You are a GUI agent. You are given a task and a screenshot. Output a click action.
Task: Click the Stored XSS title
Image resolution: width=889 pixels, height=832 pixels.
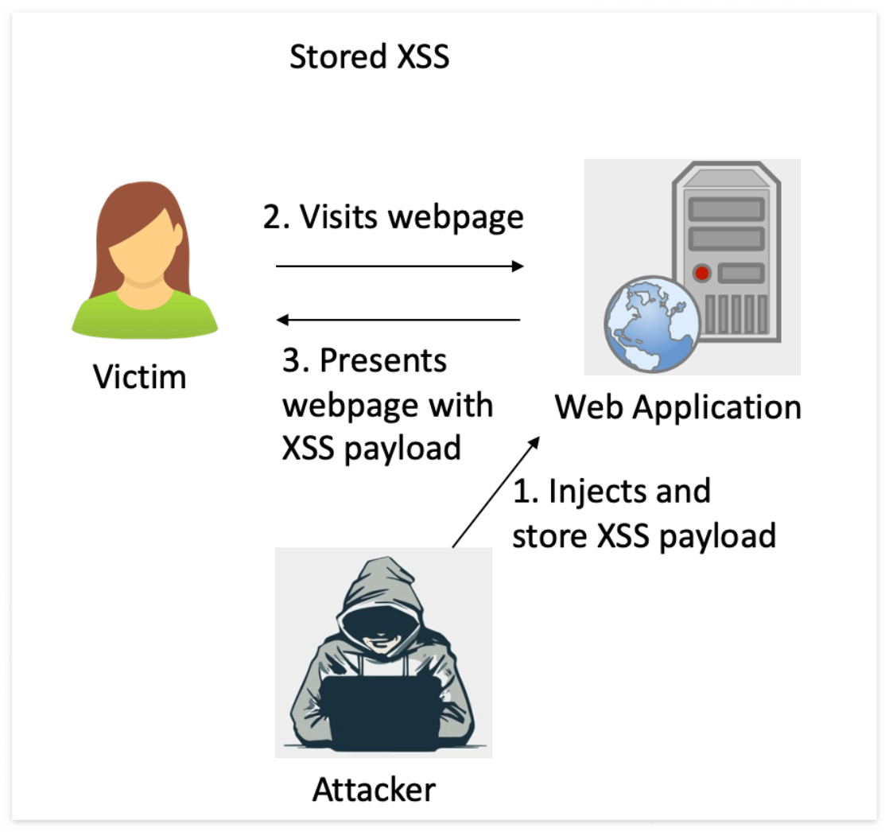click(369, 57)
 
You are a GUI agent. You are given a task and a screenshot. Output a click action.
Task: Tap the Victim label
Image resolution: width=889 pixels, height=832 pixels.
click(140, 375)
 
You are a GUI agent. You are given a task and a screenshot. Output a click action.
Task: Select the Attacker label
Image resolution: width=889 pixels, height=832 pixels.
click(374, 789)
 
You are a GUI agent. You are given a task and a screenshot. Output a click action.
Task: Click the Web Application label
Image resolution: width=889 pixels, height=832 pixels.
click(677, 407)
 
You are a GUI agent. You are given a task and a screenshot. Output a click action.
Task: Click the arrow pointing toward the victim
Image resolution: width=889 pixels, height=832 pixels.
click(398, 320)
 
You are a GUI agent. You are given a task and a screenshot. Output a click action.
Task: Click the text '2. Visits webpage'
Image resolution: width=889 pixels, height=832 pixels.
click(394, 216)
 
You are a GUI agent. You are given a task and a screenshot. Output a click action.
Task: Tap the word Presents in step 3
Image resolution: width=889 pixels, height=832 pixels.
click(383, 361)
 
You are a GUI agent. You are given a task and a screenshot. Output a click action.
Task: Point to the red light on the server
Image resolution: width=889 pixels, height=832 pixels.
click(701, 274)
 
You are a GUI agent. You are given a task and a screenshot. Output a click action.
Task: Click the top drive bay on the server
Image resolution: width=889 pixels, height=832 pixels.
click(725, 208)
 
